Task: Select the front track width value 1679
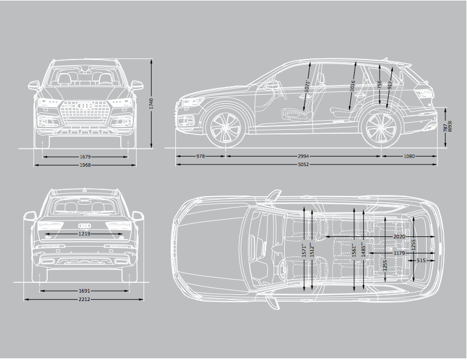(86, 156)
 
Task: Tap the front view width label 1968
(86, 165)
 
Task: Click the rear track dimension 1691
(85, 291)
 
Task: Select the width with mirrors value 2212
(85, 299)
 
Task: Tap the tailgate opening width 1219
(85, 234)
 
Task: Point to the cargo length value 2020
(400, 235)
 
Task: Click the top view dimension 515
(421, 261)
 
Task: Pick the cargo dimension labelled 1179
(399, 253)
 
